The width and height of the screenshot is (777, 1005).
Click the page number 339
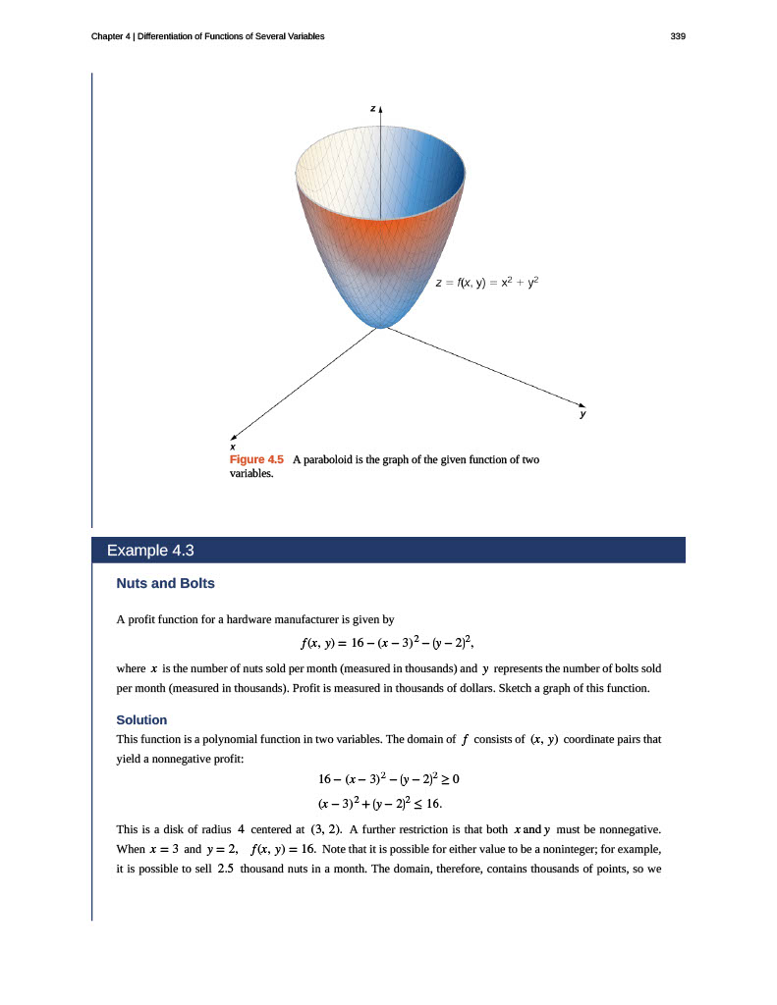pos(677,36)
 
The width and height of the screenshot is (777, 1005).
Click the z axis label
pos(372,107)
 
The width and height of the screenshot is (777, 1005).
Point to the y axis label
pos(582,415)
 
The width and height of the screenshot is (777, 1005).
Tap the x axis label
pos(232,448)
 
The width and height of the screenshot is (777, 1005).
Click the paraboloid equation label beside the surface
pos(487,283)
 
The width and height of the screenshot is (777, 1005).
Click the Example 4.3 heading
pos(143,550)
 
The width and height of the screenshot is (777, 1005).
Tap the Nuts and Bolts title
pos(165,583)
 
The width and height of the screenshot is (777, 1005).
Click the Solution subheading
pos(141,719)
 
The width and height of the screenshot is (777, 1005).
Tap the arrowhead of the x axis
pos(234,438)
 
